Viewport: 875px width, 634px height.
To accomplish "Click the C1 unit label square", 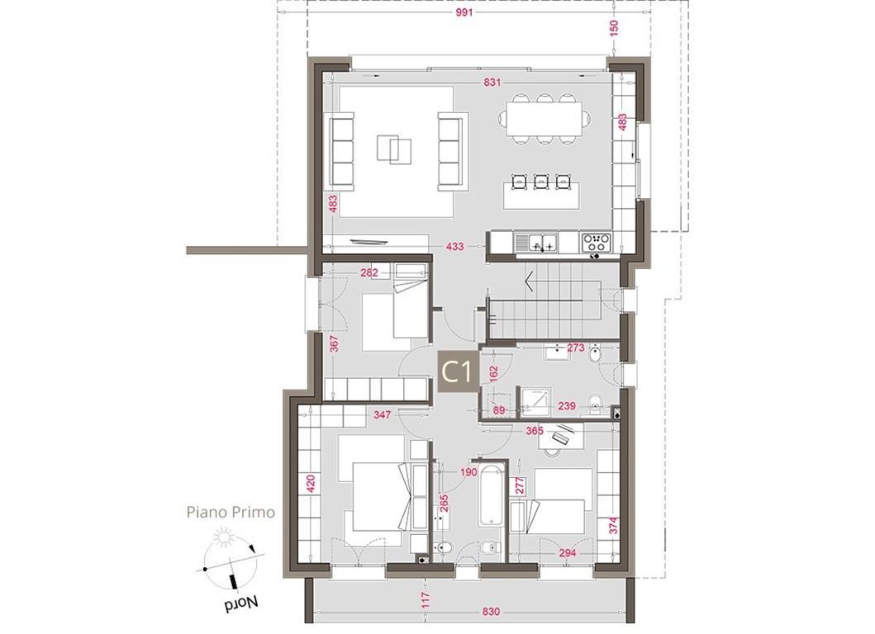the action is tap(458, 371).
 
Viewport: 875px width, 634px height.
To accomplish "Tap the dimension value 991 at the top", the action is tap(464, 12).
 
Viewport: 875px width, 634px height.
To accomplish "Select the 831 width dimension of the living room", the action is tap(492, 83).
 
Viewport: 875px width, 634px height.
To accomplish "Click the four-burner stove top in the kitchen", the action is tap(596, 243).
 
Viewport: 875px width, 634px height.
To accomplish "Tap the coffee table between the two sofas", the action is tap(394, 149).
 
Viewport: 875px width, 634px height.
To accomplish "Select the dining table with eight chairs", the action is tap(544, 119).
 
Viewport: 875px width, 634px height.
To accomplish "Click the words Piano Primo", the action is tap(231, 513).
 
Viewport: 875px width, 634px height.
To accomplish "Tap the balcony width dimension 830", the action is tap(490, 612).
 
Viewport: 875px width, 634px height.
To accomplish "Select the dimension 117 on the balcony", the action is tap(426, 600).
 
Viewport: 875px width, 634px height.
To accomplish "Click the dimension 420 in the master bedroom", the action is tap(311, 484).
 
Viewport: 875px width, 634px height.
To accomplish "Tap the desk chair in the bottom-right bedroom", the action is tap(553, 449).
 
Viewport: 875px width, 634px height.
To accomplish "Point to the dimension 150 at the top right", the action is tap(615, 28).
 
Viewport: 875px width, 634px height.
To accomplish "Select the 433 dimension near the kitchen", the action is tap(454, 246).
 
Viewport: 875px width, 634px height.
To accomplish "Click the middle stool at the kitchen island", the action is tap(540, 182).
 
